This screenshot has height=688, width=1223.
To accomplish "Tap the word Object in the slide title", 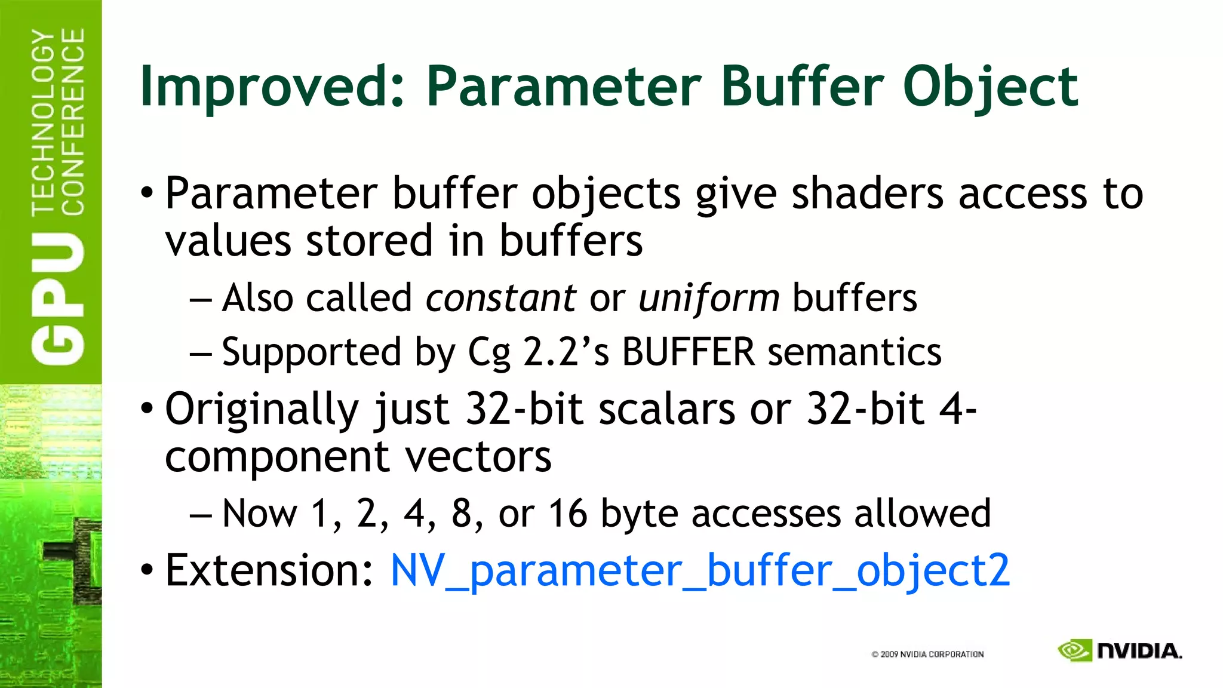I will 990,87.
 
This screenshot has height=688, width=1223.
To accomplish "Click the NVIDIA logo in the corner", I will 1120,650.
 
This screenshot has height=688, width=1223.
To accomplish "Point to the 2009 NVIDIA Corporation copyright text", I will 927,655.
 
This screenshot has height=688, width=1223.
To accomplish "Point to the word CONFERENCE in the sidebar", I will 73,122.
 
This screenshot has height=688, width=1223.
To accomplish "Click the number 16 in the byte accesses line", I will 567,513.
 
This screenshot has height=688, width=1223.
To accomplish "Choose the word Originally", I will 262,410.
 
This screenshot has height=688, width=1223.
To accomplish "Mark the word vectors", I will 478,457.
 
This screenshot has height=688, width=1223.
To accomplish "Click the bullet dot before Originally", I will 147,409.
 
